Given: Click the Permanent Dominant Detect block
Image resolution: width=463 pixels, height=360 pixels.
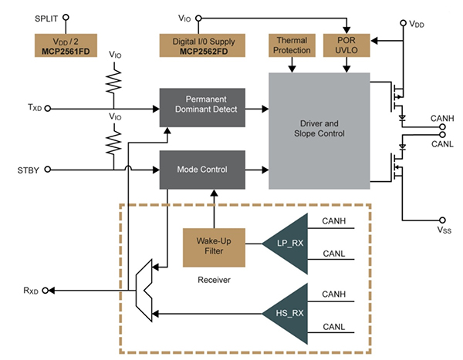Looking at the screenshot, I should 204,109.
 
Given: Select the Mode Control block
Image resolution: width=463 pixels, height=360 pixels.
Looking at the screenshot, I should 204,169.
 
